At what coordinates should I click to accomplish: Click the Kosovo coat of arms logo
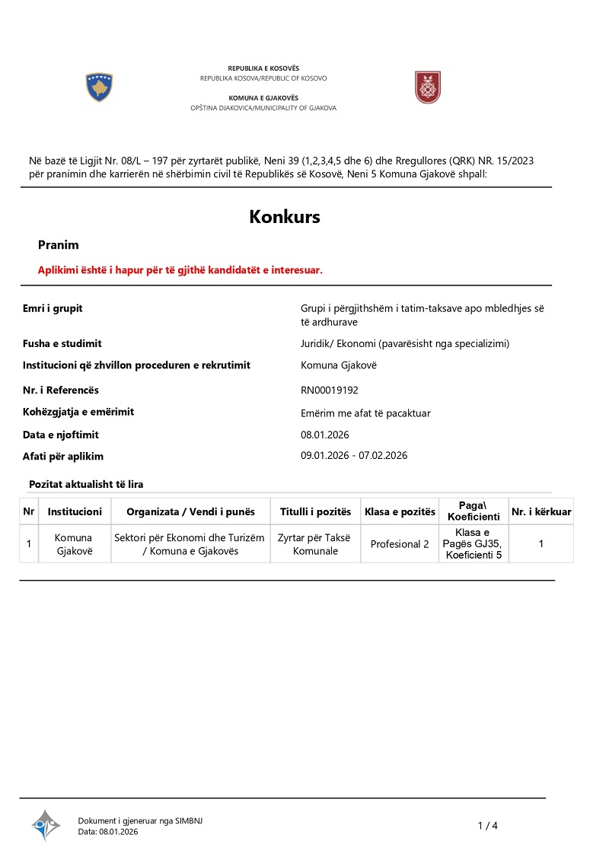click(99, 88)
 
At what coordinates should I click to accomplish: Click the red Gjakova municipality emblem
click(427, 88)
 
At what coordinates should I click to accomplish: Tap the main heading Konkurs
click(285, 217)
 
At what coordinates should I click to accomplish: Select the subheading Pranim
click(59, 245)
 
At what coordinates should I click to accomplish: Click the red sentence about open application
click(180, 270)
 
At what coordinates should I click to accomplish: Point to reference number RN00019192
click(330, 390)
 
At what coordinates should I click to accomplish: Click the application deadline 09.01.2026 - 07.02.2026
click(354, 456)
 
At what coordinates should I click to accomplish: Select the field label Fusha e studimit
click(62, 343)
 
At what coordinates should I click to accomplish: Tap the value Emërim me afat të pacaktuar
click(366, 413)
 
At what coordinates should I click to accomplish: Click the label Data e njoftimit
click(61, 435)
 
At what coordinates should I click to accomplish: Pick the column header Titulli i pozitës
click(315, 511)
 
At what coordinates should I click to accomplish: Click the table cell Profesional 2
click(400, 544)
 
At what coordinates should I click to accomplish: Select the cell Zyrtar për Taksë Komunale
click(315, 544)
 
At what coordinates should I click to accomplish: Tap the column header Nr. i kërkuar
click(541, 511)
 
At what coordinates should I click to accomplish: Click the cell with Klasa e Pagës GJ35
click(473, 543)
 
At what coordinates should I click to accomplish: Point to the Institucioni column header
click(75, 511)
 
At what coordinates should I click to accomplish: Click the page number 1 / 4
click(487, 826)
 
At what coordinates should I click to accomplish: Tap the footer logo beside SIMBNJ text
click(46, 825)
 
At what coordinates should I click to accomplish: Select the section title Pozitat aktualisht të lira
click(86, 484)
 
